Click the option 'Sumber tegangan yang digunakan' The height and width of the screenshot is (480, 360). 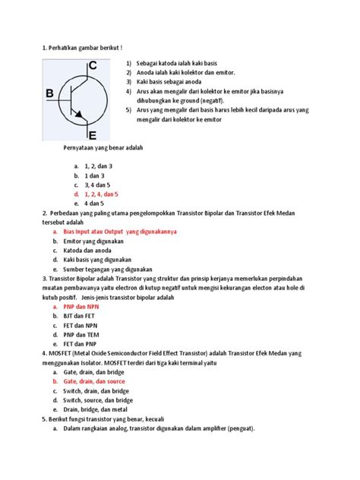point(109,269)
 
